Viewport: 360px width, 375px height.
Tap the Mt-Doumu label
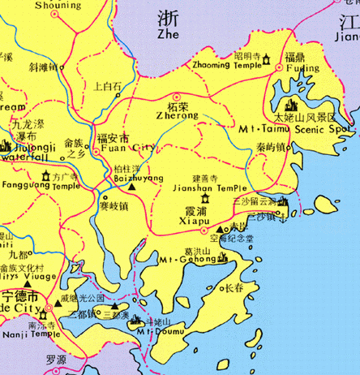point(150,330)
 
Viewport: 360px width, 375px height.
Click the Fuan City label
point(125,148)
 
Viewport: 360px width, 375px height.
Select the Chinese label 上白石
point(108,85)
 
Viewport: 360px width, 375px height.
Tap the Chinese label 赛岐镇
point(120,206)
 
